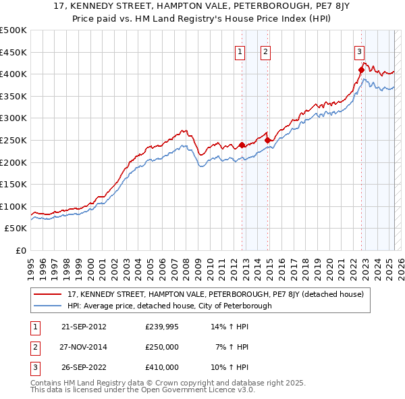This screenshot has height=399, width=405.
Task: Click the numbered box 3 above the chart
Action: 359,51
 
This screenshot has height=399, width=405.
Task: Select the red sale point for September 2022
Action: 361,70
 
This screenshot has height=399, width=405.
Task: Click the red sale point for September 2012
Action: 242,145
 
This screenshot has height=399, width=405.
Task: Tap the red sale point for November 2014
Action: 268,140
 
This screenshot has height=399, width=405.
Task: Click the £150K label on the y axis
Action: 13,184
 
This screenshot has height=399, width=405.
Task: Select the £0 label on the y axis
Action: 22,250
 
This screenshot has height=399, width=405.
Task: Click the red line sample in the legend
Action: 48,295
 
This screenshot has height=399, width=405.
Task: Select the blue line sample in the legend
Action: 48,306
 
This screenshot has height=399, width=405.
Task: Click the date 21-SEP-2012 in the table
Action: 84,327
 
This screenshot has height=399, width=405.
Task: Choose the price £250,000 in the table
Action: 162,347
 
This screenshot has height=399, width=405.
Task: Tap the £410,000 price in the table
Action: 162,367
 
